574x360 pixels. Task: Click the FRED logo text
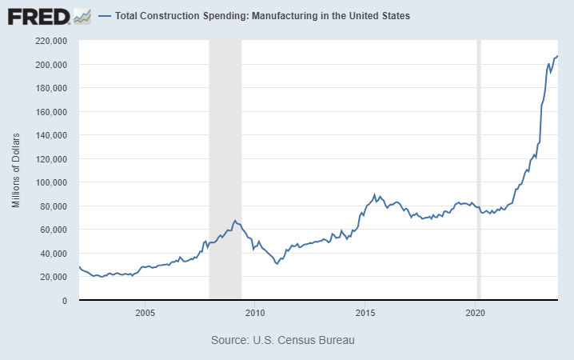coord(37,16)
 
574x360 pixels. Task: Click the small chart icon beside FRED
coord(82,16)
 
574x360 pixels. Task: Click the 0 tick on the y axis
coord(65,301)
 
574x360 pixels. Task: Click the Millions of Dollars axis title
coord(16,170)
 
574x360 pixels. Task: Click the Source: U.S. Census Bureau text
coord(282,340)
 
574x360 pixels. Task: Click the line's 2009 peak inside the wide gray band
coord(235,220)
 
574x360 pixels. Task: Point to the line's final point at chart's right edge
coord(557,55)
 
